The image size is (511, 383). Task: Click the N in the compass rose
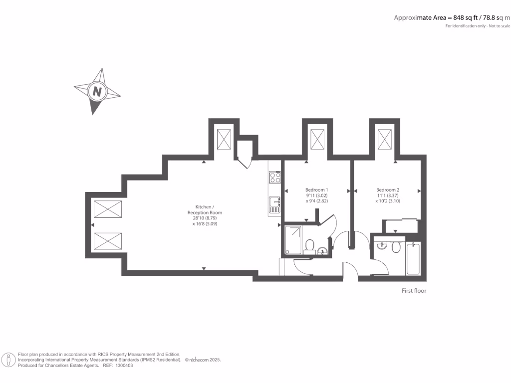click(97, 91)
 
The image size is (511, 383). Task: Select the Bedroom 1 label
click(316, 190)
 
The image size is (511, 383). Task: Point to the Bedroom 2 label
click(388, 190)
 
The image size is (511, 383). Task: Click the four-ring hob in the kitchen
click(275, 178)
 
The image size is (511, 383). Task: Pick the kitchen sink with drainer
click(274, 204)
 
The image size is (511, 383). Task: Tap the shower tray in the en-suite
click(293, 240)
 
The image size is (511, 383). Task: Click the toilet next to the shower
click(309, 245)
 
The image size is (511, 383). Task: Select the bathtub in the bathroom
click(413, 258)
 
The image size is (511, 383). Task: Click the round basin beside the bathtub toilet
click(382, 245)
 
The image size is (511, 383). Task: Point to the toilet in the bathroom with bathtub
click(397, 247)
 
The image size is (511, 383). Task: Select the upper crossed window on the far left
click(108, 209)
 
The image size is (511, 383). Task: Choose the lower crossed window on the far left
click(108, 241)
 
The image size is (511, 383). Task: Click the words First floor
click(414, 291)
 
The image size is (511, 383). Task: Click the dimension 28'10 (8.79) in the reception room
click(205, 218)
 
